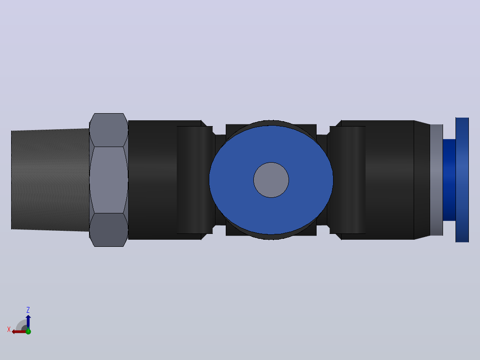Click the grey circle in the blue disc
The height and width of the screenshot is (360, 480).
click(x=271, y=180)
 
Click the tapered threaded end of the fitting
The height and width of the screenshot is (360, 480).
click(x=50, y=180)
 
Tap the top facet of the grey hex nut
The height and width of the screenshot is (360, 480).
click(x=109, y=130)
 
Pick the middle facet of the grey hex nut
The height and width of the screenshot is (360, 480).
click(x=109, y=180)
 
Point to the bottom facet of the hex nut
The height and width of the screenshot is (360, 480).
click(x=109, y=230)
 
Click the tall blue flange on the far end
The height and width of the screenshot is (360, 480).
click(x=462, y=180)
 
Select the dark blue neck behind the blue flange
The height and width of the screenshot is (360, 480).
click(x=449, y=180)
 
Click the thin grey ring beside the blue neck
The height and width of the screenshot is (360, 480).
click(x=436, y=180)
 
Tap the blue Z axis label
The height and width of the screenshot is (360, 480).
click(x=28, y=310)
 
